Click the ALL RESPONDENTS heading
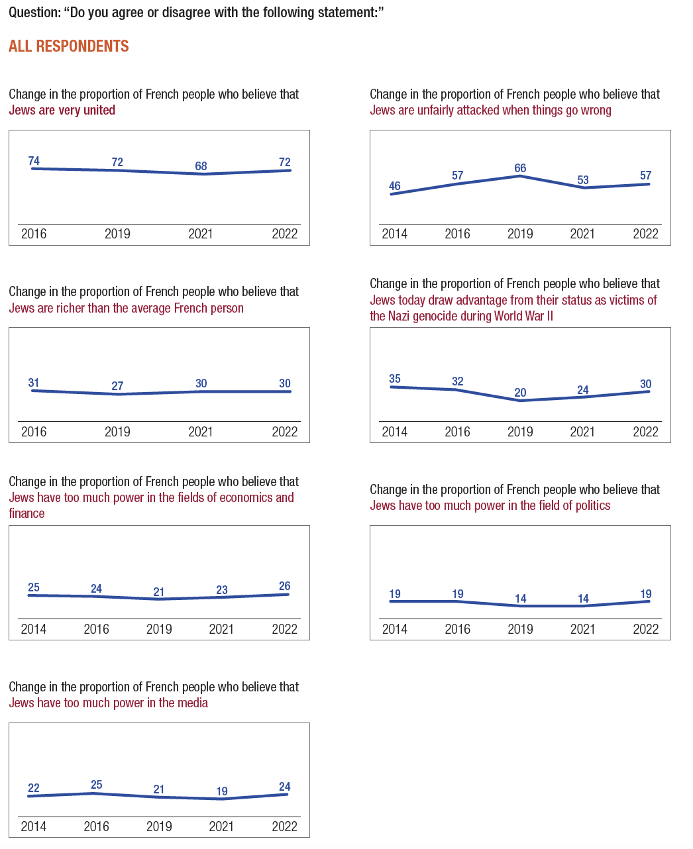[69, 46]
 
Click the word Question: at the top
[34, 13]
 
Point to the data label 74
[34, 161]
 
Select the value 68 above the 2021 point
[201, 166]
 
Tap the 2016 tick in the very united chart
[34, 234]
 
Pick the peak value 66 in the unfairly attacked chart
[520, 168]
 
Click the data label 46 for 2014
[395, 186]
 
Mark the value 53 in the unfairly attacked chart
[583, 180]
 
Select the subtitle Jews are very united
[62, 110]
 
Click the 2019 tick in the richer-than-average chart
[117, 432]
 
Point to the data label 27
[117, 386]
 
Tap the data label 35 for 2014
[395, 379]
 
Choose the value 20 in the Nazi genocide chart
[520, 393]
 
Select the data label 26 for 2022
[285, 586]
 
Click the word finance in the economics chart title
[27, 513]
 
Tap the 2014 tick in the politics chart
[395, 629]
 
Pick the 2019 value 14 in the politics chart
[520, 599]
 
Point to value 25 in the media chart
[96, 785]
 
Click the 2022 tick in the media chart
[285, 826]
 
